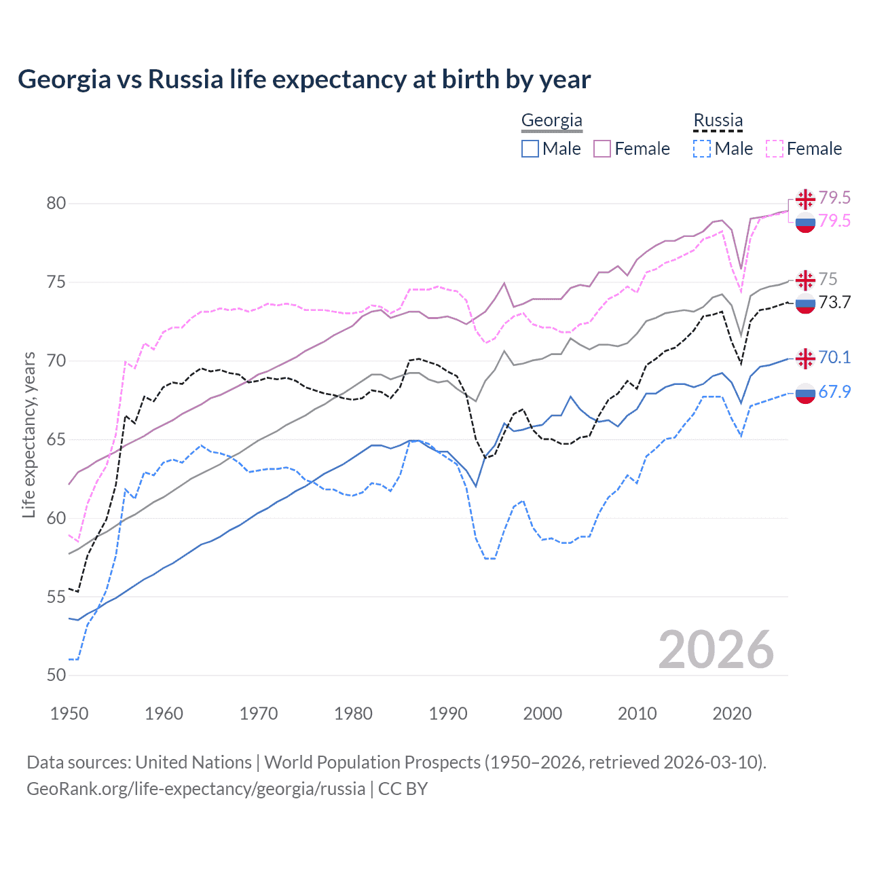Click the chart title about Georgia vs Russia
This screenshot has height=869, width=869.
coord(304,79)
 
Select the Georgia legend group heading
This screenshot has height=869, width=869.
coord(551,120)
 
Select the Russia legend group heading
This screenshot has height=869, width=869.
coord(718,120)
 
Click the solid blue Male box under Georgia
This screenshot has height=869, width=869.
coord(530,149)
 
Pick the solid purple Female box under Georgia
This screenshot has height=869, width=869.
coord(602,149)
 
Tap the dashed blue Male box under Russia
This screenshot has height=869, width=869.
coord(702,149)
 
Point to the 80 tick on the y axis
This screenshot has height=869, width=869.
coord(56,203)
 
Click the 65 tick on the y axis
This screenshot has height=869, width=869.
coord(56,439)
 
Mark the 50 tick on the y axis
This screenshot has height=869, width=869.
coord(56,675)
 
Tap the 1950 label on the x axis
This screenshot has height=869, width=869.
coord(69,714)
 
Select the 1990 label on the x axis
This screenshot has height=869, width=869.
coord(448,714)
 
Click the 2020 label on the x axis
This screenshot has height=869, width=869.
coord(732,714)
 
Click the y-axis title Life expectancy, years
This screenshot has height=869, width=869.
coord(29,434)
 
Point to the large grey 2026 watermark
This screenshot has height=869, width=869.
coord(716,650)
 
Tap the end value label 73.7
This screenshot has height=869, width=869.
coord(834,302)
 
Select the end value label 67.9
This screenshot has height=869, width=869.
coord(834,392)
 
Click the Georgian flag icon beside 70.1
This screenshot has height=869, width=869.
coord(805,358)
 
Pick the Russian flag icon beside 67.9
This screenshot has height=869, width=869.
coord(805,392)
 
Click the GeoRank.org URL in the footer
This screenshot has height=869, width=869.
coord(196,788)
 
